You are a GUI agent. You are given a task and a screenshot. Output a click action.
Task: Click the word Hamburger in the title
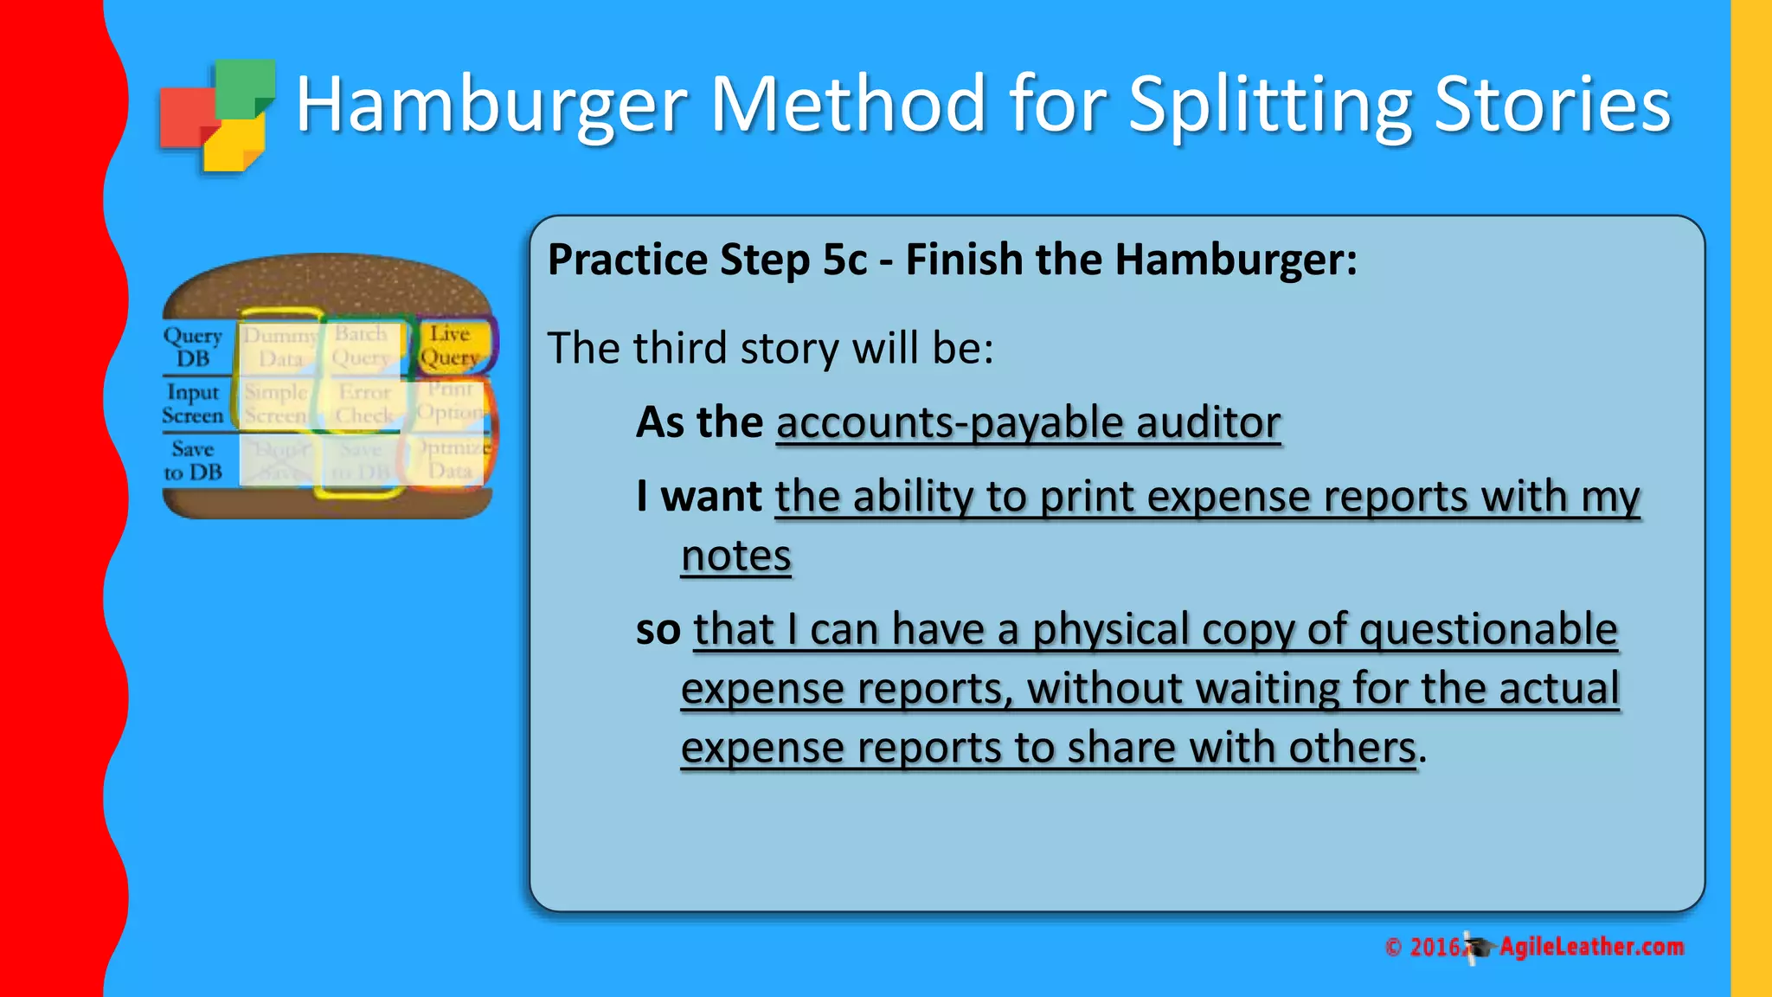click(x=491, y=106)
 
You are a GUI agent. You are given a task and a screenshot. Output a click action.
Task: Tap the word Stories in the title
click(x=1552, y=106)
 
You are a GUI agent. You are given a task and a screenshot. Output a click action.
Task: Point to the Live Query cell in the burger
click(x=450, y=345)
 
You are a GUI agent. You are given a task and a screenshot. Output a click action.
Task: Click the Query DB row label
click(x=193, y=347)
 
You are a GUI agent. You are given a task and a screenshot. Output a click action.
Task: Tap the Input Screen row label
click(x=193, y=404)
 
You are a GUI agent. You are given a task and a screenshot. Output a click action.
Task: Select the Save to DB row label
click(x=193, y=460)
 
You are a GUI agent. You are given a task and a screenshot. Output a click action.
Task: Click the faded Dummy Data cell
click(x=279, y=346)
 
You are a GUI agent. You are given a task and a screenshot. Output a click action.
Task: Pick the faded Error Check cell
click(x=364, y=404)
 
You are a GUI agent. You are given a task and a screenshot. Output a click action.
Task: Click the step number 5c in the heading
click(x=844, y=260)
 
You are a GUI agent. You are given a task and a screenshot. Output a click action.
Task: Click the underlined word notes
click(x=735, y=556)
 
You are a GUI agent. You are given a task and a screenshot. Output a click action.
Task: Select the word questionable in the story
click(x=1488, y=629)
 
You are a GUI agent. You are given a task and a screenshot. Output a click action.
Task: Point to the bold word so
click(x=658, y=629)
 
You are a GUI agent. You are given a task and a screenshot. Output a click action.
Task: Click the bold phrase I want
click(x=698, y=497)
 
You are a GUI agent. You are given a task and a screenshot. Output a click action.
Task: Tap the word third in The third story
click(x=679, y=349)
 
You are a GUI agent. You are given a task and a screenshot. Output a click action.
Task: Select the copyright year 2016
click(x=1435, y=948)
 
